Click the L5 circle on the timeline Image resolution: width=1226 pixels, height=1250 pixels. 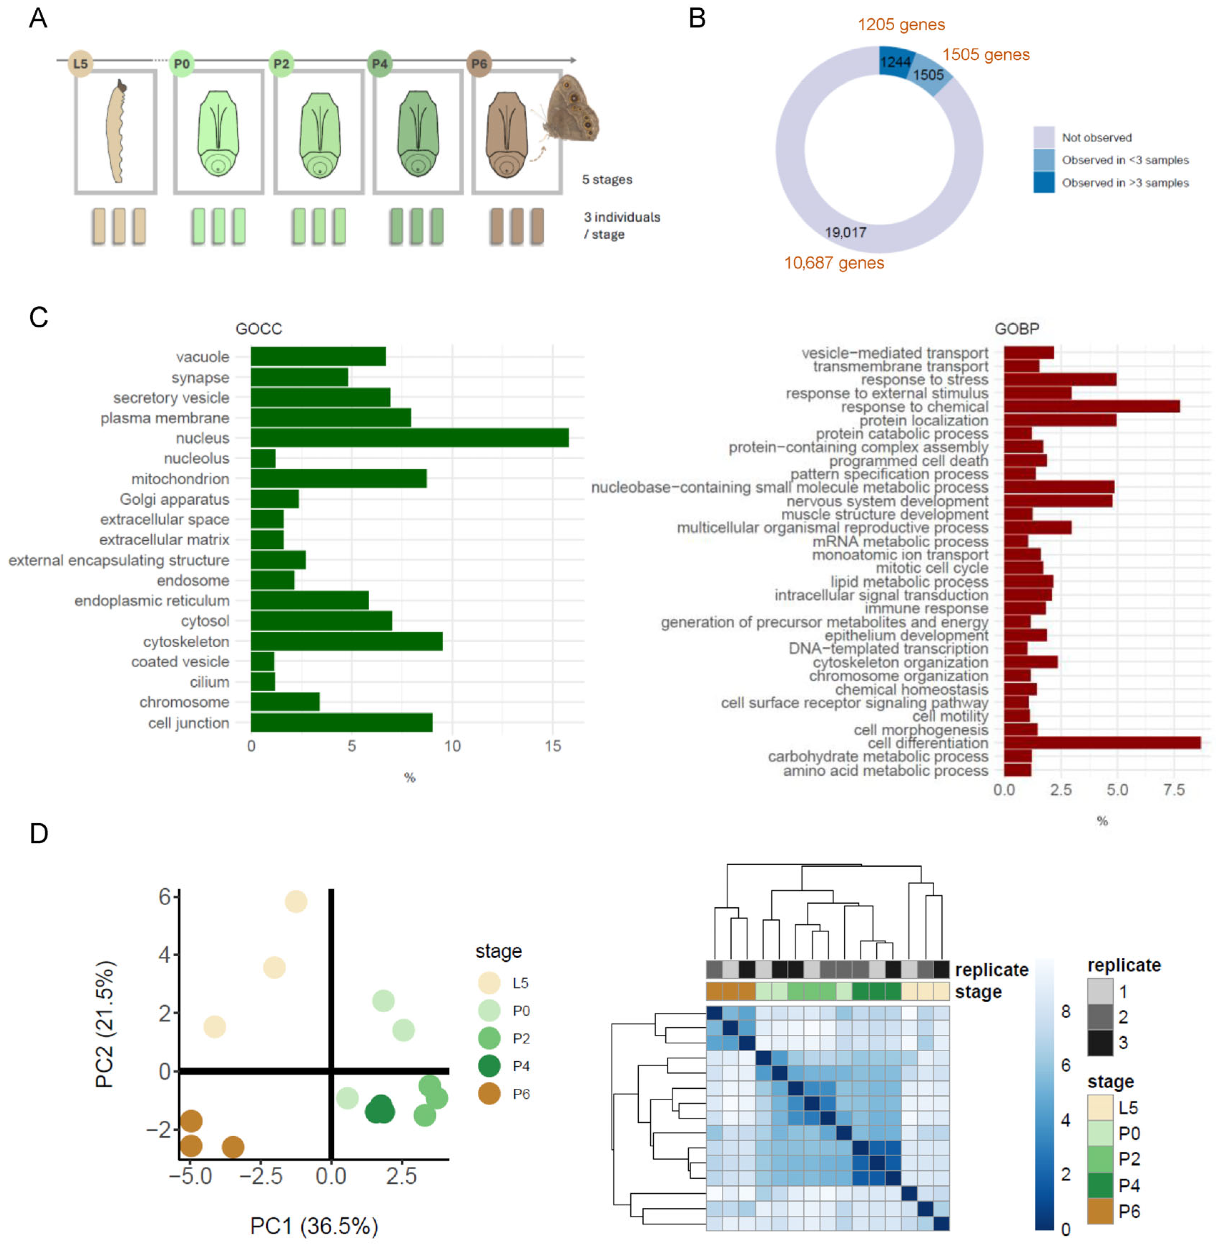tap(80, 63)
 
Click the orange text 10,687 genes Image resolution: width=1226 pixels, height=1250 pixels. tap(834, 263)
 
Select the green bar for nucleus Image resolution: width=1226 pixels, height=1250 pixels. tap(410, 438)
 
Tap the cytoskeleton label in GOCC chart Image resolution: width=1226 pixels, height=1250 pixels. tap(186, 641)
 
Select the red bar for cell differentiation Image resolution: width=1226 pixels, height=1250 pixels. tap(1102, 742)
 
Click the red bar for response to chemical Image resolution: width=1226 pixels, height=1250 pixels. tap(1091, 406)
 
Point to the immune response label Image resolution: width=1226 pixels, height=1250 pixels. tap(926, 609)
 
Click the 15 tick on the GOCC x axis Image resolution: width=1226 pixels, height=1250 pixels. tap(553, 746)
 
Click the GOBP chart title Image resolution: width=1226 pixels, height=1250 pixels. tap(1017, 329)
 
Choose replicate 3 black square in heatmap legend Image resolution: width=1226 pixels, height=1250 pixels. tap(1100, 1043)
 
